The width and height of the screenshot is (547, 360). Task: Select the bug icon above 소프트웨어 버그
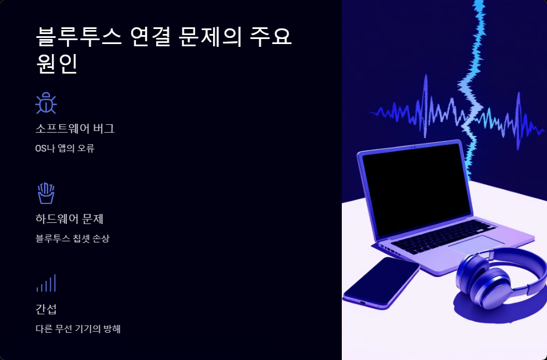[46, 103]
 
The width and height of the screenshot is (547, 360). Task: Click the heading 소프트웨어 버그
[75, 129]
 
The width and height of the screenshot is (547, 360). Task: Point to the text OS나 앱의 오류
[65, 148]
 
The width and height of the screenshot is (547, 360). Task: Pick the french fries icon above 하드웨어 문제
[46, 193]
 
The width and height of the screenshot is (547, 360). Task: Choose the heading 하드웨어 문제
[69, 218]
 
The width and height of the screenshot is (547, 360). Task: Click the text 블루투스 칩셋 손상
[72, 239]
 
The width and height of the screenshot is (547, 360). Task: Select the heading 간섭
[46, 309]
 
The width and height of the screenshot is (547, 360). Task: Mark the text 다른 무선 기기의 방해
[78, 328]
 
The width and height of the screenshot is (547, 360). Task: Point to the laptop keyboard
[440, 237]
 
